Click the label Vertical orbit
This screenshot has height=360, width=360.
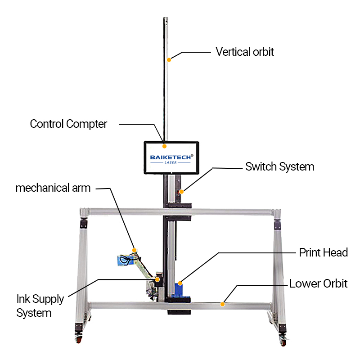tap(244, 52)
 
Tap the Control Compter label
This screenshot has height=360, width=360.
tap(68, 124)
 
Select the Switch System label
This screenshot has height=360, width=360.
tap(279, 167)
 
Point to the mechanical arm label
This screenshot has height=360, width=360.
tap(53, 188)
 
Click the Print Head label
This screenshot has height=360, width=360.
tap(323, 252)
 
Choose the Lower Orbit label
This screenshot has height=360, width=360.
tap(318, 284)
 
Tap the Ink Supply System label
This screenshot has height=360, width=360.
tap(40, 306)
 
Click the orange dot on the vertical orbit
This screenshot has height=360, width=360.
tap(169, 59)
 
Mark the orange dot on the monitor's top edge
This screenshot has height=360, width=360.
tap(165, 146)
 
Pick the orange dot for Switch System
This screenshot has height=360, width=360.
tap(181, 192)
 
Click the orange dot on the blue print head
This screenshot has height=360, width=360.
tap(180, 283)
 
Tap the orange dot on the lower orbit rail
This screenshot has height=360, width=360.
tap(222, 304)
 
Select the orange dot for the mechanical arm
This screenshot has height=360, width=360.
tap(134, 250)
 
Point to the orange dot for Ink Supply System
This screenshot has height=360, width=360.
tap(157, 279)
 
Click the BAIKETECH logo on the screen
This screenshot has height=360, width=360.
tap(171, 157)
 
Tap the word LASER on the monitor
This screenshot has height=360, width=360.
tap(171, 163)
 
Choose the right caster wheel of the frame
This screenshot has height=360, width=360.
tap(283, 341)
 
